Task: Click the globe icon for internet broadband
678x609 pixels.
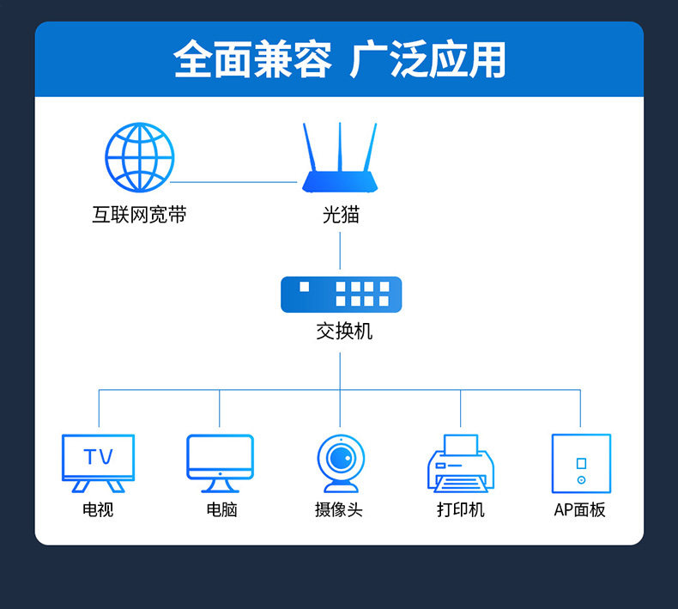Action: [140, 158]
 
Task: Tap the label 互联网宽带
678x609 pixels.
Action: [139, 215]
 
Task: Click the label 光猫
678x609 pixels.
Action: [341, 215]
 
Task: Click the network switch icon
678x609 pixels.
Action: [341, 295]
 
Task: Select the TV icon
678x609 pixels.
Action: [99, 462]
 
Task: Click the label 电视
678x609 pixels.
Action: [98, 509]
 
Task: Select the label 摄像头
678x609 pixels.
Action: [339, 509]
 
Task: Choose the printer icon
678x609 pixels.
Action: [461, 464]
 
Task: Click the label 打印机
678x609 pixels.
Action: [461, 509]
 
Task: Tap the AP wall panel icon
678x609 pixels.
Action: [581, 462]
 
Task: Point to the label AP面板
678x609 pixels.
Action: [580, 509]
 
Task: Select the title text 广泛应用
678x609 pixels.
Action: [428, 60]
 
